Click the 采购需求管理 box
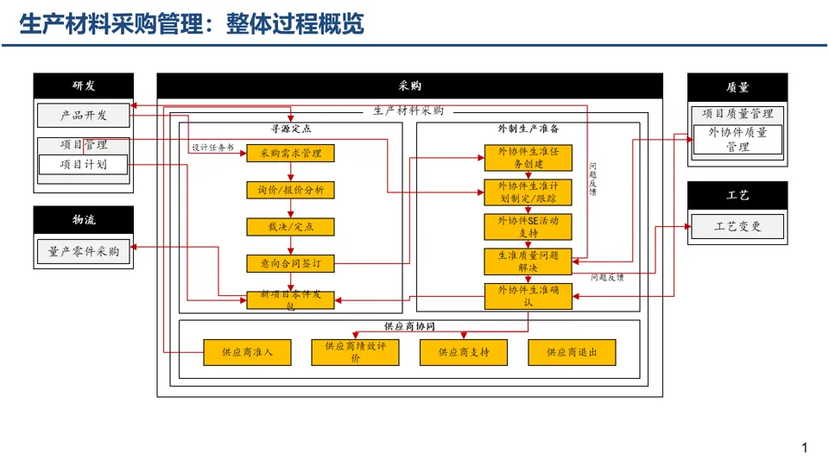click(x=290, y=153)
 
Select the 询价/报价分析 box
click(x=290, y=190)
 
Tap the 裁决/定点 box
click(x=290, y=226)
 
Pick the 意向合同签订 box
click(x=290, y=262)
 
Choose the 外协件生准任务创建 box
click(x=528, y=157)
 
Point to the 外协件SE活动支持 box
click(x=528, y=226)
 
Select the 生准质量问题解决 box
click(x=528, y=261)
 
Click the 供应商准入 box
click(x=247, y=352)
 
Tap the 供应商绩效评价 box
click(x=355, y=352)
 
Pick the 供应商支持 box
click(x=464, y=352)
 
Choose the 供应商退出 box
click(x=573, y=352)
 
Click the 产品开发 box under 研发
click(x=84, y=115)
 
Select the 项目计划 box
click(x=83, y=164)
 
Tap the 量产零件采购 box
click(x=84, y=251)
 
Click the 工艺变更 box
click(x=737, y=227)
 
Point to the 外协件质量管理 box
click(x=737, y=139)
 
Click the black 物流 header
click(x=84, y=220)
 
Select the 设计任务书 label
click(x=212, y=148)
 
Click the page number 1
click(x=805, y=448)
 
